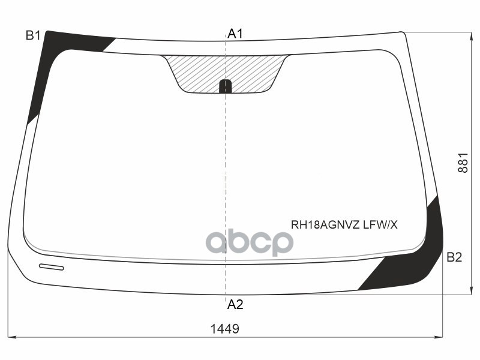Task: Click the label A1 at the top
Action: coord(235,34)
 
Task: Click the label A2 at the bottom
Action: coord(235,304)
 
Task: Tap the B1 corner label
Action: coord(32,35)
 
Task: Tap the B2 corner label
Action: coord(454,257)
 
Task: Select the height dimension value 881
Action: coord(463,162)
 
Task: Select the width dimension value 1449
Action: coord(225,329)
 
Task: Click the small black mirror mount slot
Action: coord(225,86)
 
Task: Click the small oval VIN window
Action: coord(51,266)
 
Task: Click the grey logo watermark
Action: coord(249,242)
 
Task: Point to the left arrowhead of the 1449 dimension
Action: coord(10,337)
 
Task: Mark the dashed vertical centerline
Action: coord(225,180)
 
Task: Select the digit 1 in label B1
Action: coord(37,35)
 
